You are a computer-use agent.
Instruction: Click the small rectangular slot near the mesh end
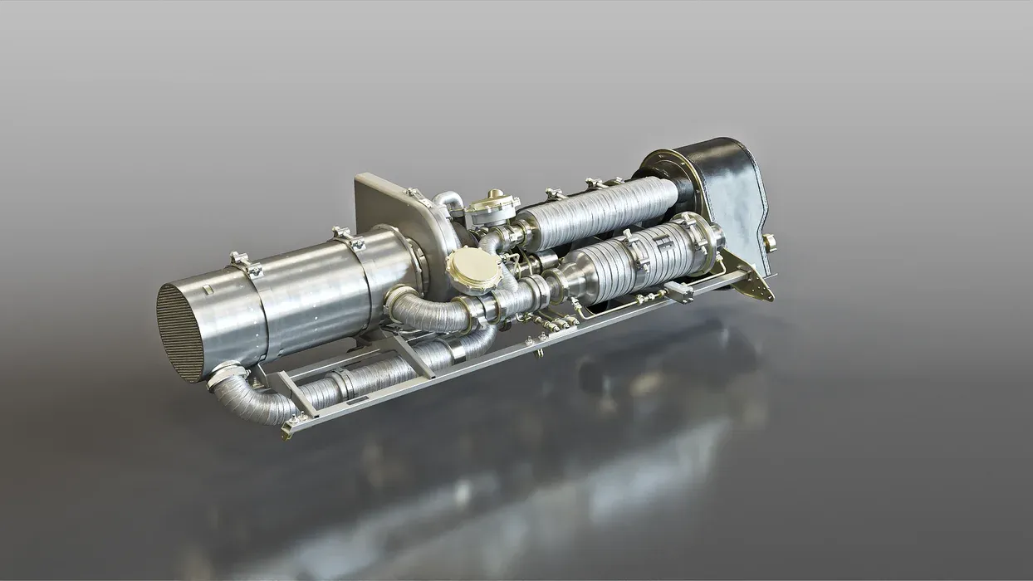206,290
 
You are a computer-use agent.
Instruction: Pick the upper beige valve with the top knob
492,207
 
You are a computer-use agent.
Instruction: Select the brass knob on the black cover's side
770,242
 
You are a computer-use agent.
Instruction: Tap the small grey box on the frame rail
678,291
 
